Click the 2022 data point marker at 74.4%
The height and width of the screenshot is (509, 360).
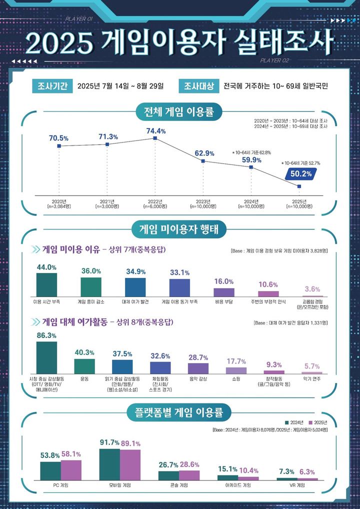[155, 138]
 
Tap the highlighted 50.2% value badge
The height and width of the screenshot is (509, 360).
[301, 173]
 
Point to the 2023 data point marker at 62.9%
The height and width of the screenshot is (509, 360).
[203, 161]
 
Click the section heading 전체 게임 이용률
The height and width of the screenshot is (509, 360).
[179, 111]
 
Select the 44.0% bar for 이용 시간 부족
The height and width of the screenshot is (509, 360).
[46, 284]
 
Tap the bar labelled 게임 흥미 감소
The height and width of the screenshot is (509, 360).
[91, 286]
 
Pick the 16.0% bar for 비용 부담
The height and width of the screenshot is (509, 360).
[223, 292]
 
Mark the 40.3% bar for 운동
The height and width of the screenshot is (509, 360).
[84, 366]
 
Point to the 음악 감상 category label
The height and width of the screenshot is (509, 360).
[198, 379]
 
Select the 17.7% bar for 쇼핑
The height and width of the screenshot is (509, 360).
[236, 370]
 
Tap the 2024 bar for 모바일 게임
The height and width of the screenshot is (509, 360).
[109, 464]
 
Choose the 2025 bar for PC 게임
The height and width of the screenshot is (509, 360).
[71, 470]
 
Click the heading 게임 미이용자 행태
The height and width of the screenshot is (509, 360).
[179, 230]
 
